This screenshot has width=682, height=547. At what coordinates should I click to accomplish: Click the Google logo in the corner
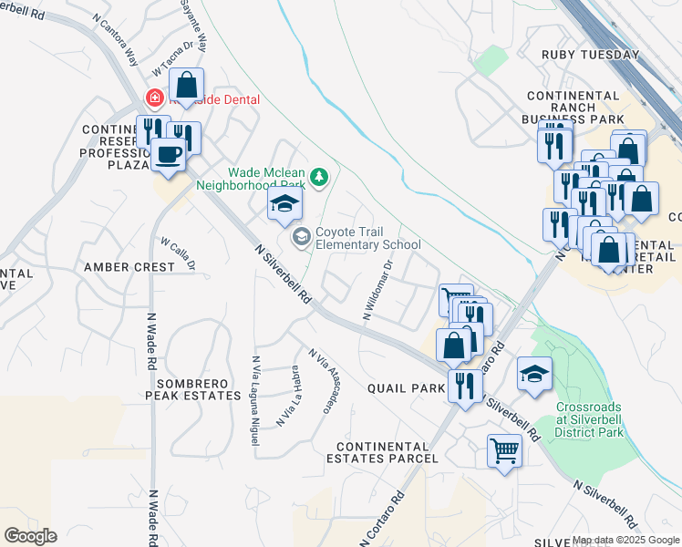30,536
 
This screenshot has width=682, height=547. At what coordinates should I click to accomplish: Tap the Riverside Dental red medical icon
156,98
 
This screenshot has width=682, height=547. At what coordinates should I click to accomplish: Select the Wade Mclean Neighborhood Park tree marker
318,176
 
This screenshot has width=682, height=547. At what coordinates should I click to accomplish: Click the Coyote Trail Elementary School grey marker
301,237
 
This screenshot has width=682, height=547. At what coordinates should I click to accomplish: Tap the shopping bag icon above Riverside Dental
186,86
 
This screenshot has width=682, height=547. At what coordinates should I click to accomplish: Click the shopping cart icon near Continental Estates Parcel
504,449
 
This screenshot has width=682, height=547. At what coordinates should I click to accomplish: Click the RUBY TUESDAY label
590,55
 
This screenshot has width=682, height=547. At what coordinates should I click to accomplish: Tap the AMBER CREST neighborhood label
129,267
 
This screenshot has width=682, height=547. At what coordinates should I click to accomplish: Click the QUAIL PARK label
405,387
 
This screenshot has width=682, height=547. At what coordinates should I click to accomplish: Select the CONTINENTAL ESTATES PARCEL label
387,452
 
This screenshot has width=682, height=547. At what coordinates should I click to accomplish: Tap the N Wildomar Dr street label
377,291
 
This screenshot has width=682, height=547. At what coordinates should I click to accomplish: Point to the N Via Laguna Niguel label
255,400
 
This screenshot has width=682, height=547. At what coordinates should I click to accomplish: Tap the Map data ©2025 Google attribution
625,540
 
